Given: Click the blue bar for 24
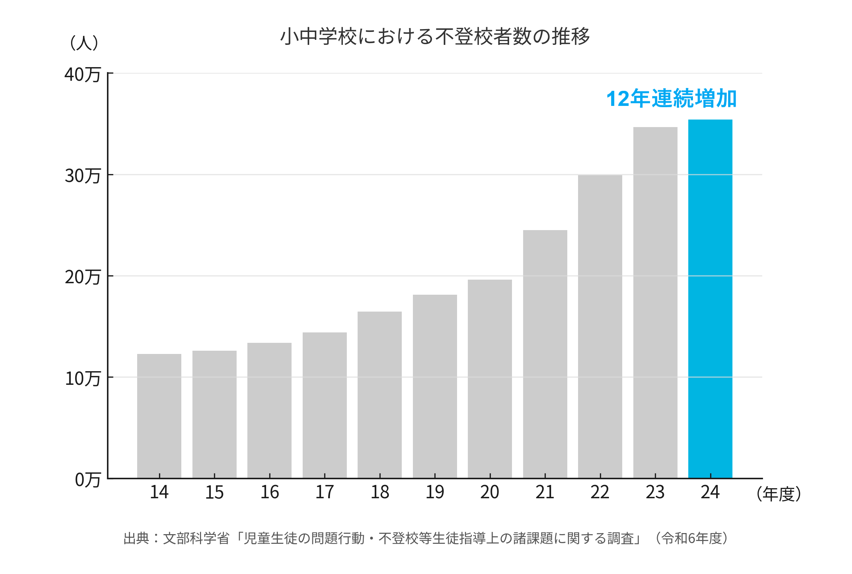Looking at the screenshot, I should coord(710,299).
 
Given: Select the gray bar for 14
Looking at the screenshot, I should coord(159,416).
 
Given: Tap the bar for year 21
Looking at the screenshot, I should coord(545,354).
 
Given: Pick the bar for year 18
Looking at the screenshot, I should coord(380,395).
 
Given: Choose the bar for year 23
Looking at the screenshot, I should coord(655,302).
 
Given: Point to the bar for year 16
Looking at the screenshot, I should coord(270,410).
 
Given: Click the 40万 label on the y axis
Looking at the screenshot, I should coord(83,74).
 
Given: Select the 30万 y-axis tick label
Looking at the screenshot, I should coord(83,176).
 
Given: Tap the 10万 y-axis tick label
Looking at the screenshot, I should coord(83,378).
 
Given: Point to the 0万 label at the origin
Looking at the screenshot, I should coord(88,480).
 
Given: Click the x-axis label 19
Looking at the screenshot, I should coord(434,492).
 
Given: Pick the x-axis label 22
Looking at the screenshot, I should coord(600,492).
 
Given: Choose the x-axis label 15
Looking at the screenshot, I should coord(214,492).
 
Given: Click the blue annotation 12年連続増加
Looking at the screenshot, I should coord(671,98).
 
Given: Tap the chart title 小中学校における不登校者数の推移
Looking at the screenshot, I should coord(434,36).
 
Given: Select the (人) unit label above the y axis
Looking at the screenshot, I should coord(84,42).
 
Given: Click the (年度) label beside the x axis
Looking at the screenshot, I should coord(778,494).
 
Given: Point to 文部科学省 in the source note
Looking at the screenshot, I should coord(196,538).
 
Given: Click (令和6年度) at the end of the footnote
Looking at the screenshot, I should coord(691,538).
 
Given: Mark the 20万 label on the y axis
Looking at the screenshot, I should coord(83,277).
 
